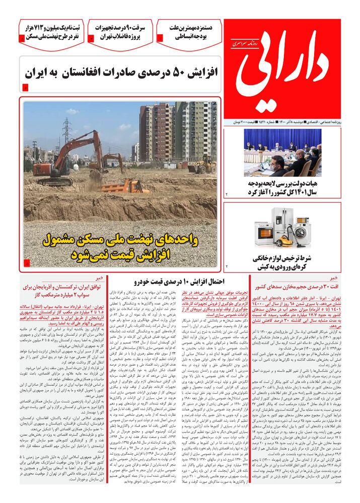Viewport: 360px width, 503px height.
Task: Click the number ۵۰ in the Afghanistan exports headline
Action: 175,72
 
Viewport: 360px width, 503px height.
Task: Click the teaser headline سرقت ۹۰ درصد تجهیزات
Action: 121,32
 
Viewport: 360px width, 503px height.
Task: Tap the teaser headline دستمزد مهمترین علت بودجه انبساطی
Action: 190,32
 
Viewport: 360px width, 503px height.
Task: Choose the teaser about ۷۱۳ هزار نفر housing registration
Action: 51,32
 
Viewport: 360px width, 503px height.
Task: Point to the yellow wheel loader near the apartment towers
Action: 203,166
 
